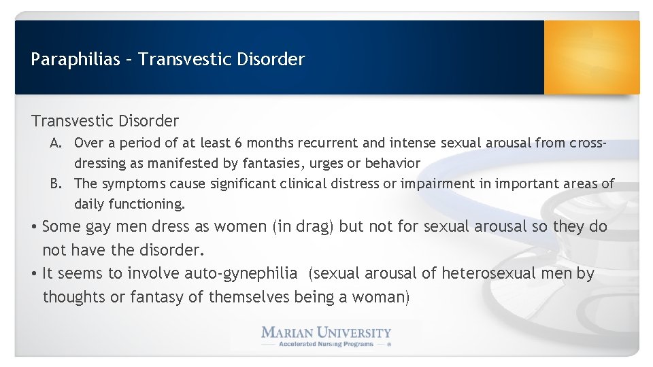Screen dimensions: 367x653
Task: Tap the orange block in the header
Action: (x=592, y=57)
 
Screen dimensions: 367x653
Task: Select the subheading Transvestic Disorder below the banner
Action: (x=105, y=121)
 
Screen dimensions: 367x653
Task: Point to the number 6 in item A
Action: (x=238, y=143)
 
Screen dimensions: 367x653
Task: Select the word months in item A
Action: (x=269, y=143)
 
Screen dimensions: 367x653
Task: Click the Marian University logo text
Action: (x=326, y=332)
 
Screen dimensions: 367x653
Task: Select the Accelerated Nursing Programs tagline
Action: (x=326, y=345)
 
